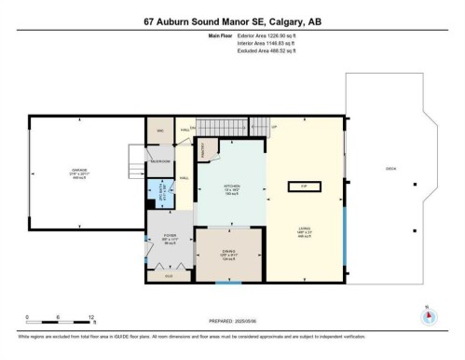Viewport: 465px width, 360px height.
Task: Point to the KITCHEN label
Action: (x=232, y=187)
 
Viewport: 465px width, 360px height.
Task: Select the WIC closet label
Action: (x=159, y=131)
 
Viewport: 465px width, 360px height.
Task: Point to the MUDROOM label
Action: (x=159, y=160)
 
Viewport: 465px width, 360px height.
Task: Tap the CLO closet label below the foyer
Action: (x=169, y=276)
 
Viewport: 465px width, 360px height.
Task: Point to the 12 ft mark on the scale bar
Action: (x=91, y=318)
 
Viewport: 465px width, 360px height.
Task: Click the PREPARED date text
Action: (x=232, y=322)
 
